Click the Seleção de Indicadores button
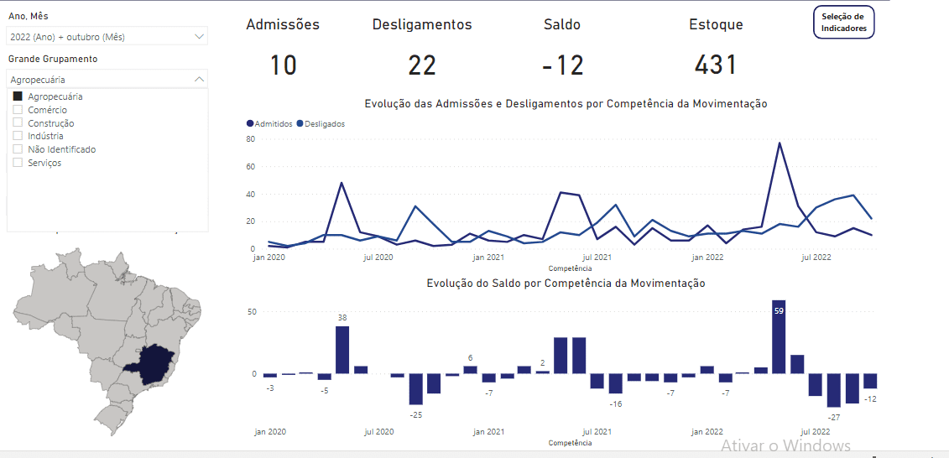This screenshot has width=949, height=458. (x=843, y=22)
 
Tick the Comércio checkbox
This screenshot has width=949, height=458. (x=18, y=110)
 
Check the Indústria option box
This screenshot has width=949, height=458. (x=18, y=136)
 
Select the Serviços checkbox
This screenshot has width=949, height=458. (x=18, y=163)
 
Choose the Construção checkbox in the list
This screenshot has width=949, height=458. (x=18, y=123)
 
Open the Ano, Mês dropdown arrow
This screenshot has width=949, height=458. (x=199, y=37)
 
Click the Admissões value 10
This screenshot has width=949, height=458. (x=284, y=65)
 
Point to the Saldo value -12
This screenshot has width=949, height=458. (x=562, y=65)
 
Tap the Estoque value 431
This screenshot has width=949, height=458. (x=716, y=65)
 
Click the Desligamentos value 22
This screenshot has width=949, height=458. (x=422, y=65)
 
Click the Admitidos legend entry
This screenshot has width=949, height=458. (x=269, y=124)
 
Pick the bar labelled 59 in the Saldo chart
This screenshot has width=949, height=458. (x=779, y=336)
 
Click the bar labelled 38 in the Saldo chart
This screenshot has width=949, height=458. (x=342, y=350)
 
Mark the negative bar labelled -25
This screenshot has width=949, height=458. (x=415, y=388)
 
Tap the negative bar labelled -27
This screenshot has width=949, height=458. (x=834, y=390)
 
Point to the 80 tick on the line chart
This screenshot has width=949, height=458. (x=250, y=139)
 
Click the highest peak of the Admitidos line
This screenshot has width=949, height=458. (x=780, y=143)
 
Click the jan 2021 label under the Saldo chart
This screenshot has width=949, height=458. (x=488, y=432)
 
